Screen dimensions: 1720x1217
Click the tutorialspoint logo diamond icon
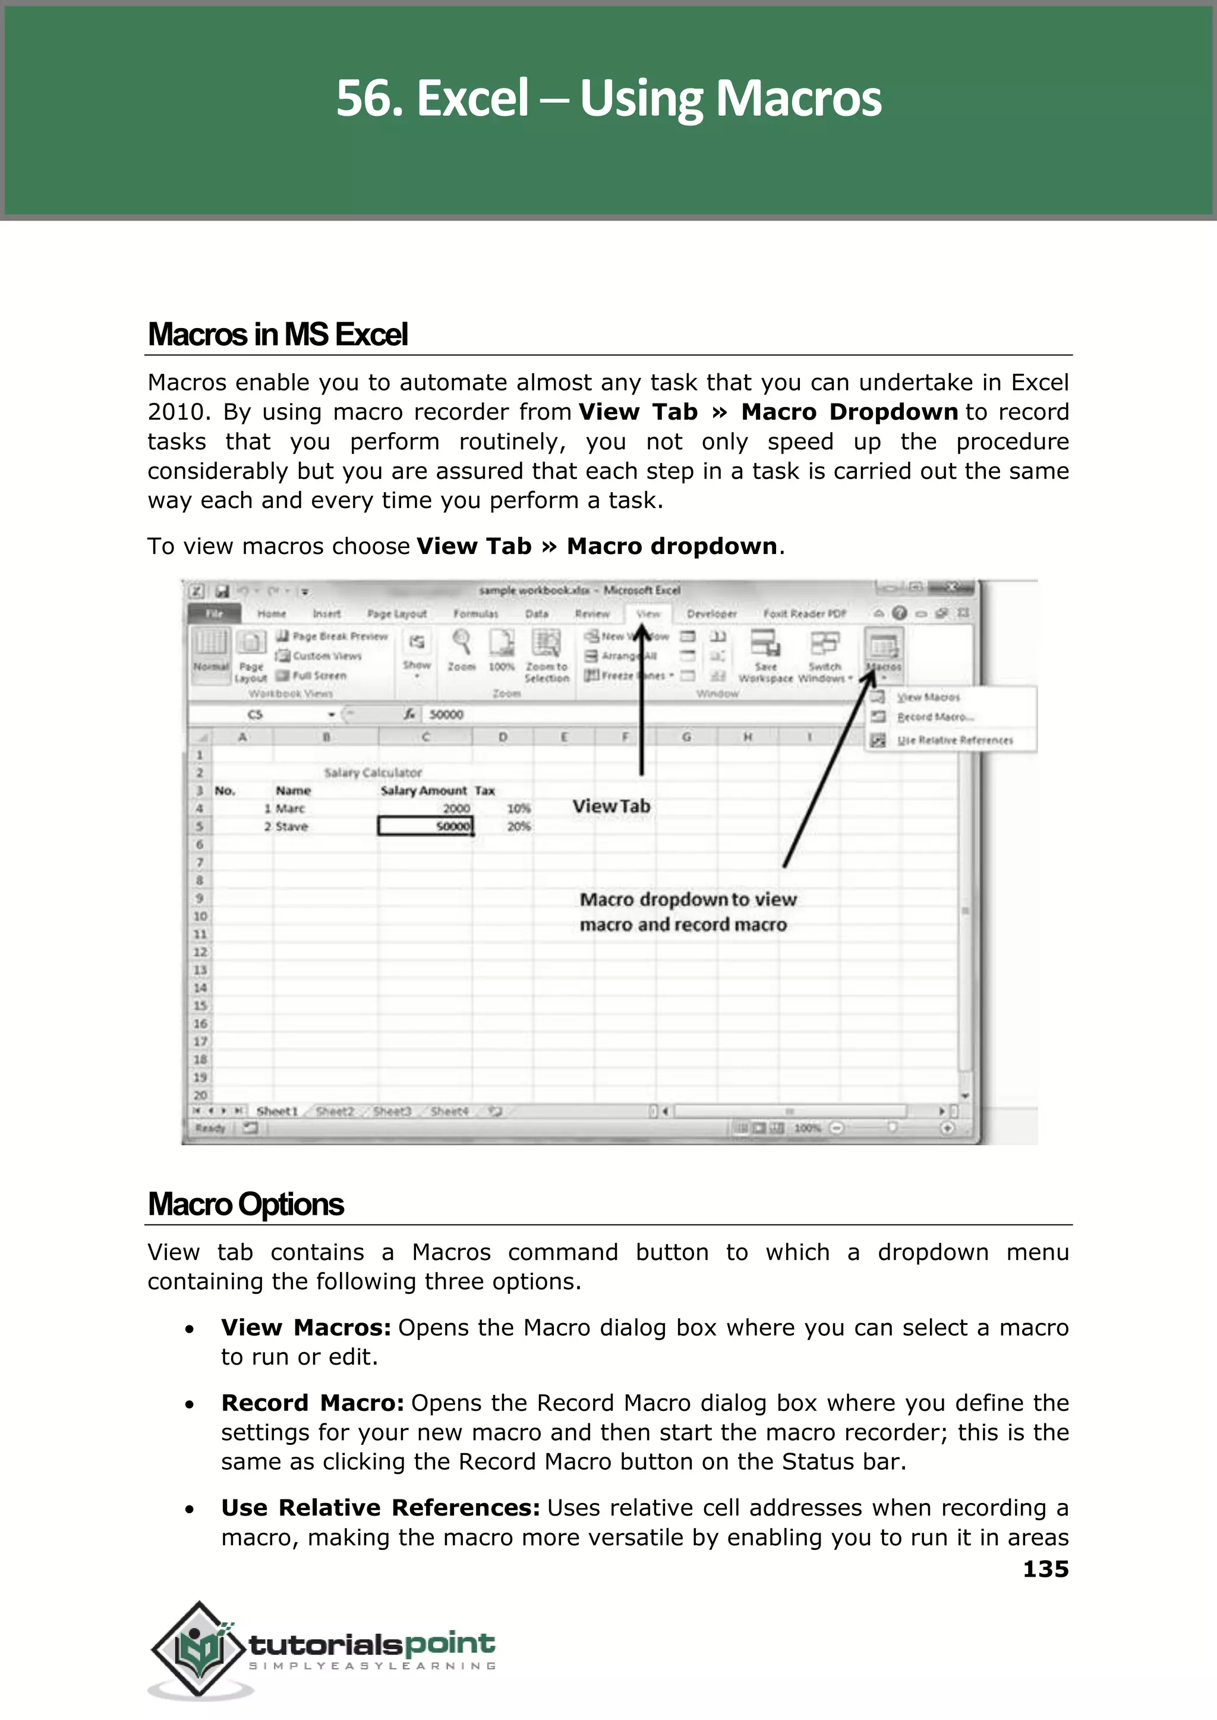pos(198,1649)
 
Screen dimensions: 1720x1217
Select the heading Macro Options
pos(246,1204)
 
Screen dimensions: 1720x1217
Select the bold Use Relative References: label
pos(380,1507)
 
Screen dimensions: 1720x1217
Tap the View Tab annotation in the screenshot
pos(611,807)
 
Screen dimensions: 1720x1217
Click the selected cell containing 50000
pos(425,826)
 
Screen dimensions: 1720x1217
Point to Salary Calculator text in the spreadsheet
pos(373,772)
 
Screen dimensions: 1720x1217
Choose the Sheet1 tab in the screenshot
pos(276,1111)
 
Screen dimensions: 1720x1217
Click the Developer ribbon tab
pos(711,613)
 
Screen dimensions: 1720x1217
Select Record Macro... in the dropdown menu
pos(935,717)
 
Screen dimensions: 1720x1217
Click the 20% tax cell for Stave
pos(519,826)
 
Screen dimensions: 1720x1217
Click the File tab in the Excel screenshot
pos(215,613)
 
